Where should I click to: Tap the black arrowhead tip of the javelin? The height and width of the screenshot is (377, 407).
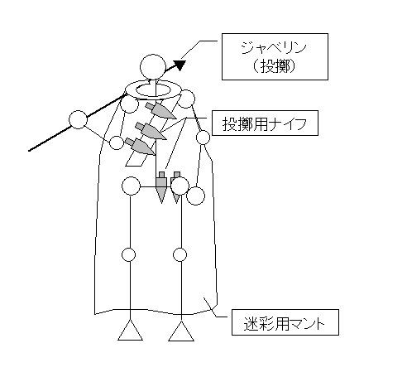(x=185, y=61)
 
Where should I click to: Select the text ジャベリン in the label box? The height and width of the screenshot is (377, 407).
(x=274, y=49)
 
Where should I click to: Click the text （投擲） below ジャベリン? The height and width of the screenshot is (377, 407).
(x=274, y=66)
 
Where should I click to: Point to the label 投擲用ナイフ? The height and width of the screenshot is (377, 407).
(x=265, y=123)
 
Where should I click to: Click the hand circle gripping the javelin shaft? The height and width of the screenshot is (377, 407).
(x=78, y=119)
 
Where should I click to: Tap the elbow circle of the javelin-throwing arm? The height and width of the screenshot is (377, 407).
(x=117, y=143)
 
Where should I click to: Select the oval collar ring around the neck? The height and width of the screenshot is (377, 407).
(x=153, y=89)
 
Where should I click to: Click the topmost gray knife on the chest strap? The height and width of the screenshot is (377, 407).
(x=160, y=111)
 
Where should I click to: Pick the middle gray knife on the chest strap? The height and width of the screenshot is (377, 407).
(x=151, y=131)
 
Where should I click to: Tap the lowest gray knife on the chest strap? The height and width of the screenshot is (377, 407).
(x=141, y=147)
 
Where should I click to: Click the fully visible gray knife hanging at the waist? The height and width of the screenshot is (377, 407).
(x=161, y=188)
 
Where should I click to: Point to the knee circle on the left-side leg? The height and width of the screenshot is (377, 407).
(x=128, y=254)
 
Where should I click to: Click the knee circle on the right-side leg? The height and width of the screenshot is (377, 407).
(x=180, y=254)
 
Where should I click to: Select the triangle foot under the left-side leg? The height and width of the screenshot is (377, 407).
(x=130, y=331)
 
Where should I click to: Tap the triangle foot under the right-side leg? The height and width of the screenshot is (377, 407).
(x=181, y=331)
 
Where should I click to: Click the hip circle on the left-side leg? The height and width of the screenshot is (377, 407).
(x=131, y=186)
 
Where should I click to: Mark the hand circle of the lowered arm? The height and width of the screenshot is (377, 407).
(x=195, y=196)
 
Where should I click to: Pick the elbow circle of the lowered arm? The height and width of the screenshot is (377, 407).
(x=203, y=138)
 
